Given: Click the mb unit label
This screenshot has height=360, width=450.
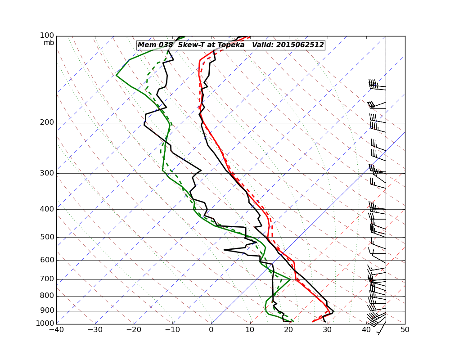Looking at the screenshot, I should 49,43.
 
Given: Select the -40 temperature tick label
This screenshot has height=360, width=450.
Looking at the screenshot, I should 56,330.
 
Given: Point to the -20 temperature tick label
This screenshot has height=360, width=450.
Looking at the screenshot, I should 134,330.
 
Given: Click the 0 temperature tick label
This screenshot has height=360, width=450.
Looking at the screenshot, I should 211,330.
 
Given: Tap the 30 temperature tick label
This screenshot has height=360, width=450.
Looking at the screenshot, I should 328,330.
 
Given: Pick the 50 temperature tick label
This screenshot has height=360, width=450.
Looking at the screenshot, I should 405,330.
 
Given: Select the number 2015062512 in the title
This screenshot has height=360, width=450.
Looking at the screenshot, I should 300,45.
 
